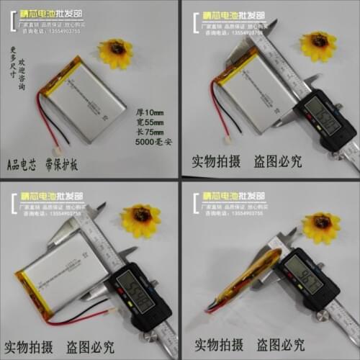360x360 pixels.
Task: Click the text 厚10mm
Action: click(x=150, y=112)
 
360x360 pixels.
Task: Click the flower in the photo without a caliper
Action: click(x=115, y=52)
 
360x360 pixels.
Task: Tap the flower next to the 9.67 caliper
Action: click(x=320, y=226)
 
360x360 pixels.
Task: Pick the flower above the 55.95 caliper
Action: click(x=141, y=219)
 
